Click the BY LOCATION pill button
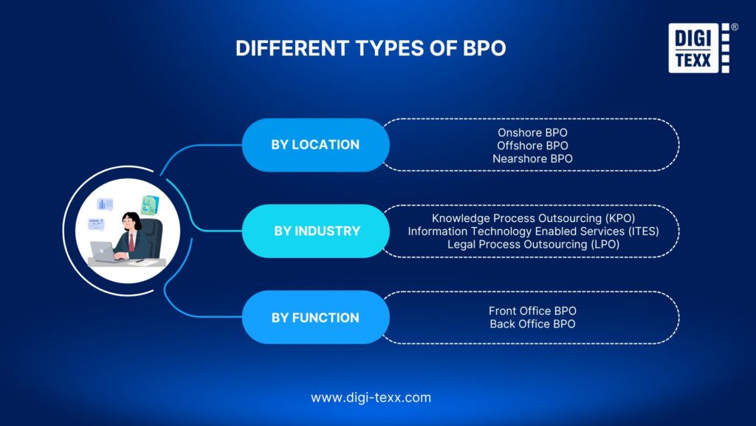[315, 145]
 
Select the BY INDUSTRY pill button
[317, 231]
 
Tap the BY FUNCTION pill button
[315, 317]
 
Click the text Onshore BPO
[532, 132]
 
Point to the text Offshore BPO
[532, 145]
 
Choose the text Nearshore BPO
[532, 158]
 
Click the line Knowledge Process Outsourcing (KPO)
[533, 218]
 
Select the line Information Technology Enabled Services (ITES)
[533, 231]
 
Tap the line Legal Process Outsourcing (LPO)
[533, 243]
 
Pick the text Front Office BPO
[532, 311]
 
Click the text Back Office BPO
[532, 324]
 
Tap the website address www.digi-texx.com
[371, 397]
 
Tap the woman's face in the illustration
[129, 222]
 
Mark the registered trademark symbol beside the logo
[734, 27]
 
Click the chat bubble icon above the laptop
[96, 223]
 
